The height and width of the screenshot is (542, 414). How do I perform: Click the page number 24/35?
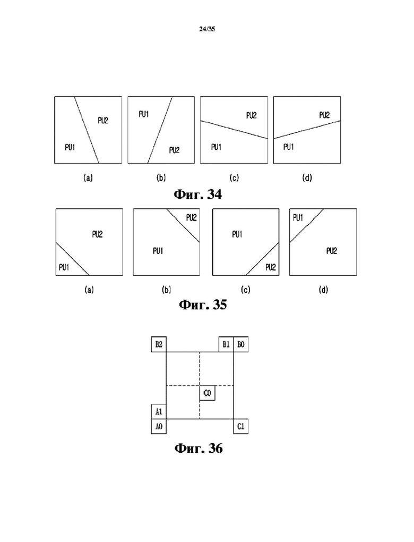(207, 29)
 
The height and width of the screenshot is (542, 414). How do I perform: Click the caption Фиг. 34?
(197, 194)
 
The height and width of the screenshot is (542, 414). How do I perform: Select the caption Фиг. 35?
(203, 304)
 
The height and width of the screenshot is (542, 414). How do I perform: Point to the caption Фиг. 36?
(199, 448)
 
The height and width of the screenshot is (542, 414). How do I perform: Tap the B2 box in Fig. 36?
(159, 344)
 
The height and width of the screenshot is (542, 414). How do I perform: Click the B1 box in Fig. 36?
(226, 344)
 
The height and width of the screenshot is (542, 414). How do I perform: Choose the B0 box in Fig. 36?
(241, 344)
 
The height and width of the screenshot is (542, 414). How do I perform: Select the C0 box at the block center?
(207, 393)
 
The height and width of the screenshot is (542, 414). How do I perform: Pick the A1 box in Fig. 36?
(159, 412)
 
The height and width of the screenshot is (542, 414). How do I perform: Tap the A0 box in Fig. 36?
(159, 427)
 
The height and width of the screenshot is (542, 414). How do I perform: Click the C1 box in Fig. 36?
(241, 427)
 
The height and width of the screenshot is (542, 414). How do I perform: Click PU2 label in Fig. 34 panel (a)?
(103, 120)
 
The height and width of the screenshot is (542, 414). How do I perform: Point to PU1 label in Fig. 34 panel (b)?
(144, 114)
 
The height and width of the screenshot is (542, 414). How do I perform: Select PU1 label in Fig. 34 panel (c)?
(216, 147)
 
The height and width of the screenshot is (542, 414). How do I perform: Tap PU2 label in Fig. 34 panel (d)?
(325, 115)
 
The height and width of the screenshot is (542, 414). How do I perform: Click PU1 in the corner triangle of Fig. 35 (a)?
(64, 267)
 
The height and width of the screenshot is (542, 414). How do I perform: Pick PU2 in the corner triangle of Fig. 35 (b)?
(191, 217)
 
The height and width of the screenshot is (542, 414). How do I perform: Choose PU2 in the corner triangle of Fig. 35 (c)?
(271, 267)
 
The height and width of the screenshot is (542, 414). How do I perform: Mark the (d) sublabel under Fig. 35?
(323, 290)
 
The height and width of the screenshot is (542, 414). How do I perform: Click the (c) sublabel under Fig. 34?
(234, 177)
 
